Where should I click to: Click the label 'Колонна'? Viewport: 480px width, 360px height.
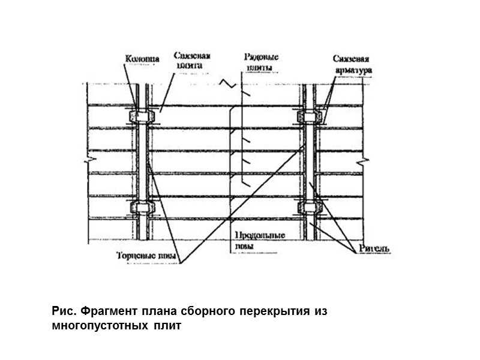[142, 59]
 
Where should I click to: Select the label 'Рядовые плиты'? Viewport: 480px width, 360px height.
[262, 62]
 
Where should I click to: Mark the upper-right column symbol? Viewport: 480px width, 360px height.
[310, 115]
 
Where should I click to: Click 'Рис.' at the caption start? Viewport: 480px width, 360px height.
[61, 313]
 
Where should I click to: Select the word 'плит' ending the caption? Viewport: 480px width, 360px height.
[166, 327]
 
